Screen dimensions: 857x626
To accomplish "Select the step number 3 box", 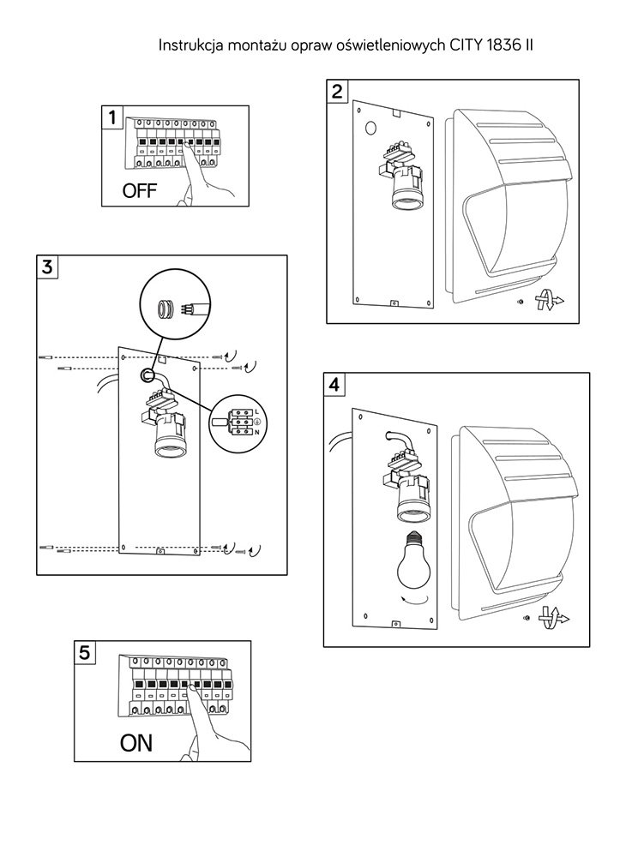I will click(x=47, y=266).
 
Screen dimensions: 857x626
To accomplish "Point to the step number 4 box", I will click(x=334, y=385).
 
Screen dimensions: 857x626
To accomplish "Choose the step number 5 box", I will click(x=83, y=652).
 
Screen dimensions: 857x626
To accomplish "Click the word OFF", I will click(x=140, y=190).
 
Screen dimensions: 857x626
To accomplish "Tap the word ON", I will click(x=136, y=743).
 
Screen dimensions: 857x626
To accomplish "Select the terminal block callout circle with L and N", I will click(x=235, y=423).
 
